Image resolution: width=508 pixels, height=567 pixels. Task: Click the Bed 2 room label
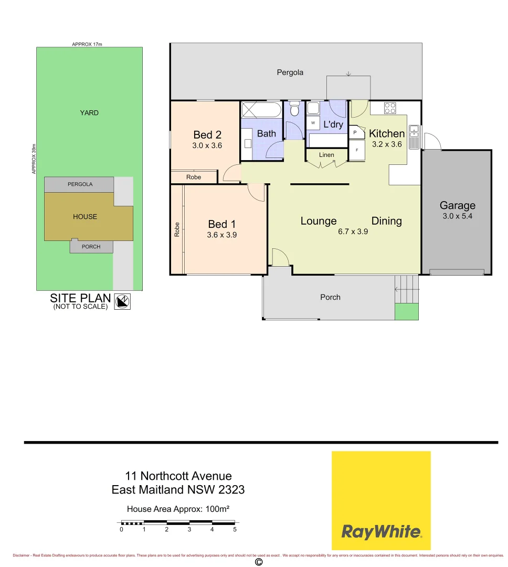(204, 135)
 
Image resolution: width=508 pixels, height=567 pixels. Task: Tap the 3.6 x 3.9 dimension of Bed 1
(222, 235)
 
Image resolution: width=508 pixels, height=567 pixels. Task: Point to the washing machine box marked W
(313, 123)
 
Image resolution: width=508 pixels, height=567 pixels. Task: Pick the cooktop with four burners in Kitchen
(390, 108)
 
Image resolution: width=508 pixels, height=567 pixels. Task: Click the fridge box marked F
(357, 150)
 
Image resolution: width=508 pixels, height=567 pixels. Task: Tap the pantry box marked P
(355, 133)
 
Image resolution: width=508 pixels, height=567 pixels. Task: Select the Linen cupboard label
(326, 155)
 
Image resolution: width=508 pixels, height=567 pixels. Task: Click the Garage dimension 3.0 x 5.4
(457, 216)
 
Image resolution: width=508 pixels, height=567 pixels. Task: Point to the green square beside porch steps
(407, 311)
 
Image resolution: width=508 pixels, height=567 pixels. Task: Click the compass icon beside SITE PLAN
(122, 301)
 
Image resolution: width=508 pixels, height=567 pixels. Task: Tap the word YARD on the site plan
(89, 113)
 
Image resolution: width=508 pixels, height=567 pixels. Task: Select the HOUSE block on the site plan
(86, 216)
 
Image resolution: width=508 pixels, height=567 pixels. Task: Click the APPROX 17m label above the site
(87, 45)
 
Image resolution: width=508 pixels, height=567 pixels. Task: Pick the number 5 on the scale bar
(235, 530)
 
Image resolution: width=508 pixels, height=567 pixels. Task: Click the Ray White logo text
(381, 532)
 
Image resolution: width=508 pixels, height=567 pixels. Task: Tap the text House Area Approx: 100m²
(179, 509)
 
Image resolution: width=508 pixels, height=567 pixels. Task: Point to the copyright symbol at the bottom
(258, 562)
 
